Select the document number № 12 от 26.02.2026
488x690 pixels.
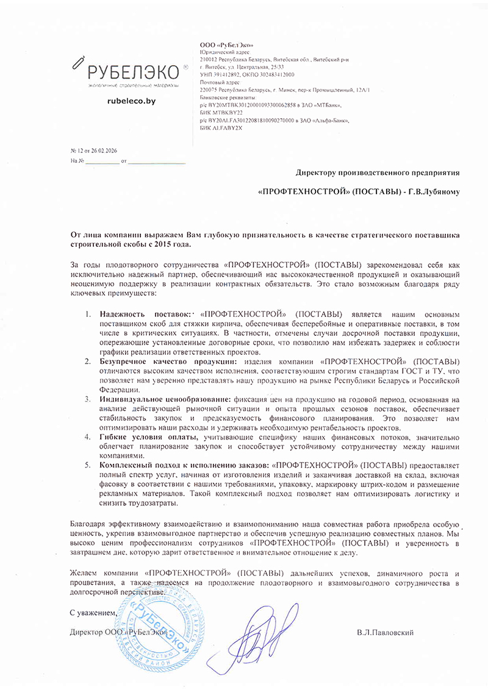(95, 151)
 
